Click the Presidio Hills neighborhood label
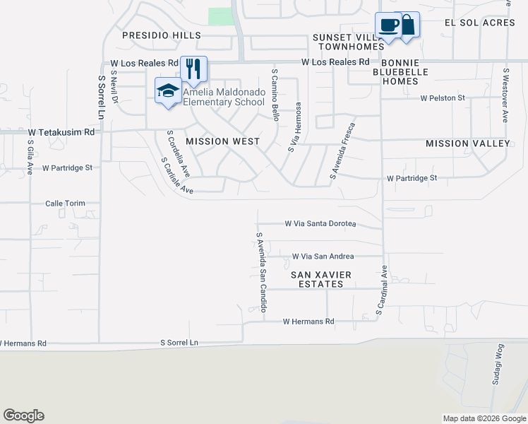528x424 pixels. (x=162, y=35)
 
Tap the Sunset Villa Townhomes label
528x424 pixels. (x=349, y=42)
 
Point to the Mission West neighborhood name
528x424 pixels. (x=222, y=141)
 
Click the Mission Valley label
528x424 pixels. (x=467, y=143)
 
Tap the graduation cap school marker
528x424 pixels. (x=168, y=91)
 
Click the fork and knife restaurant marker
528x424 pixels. (x=193, y=69)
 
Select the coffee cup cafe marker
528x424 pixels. (x=388, y=26)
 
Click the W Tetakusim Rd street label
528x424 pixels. (x=61, y=132)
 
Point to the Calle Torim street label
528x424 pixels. (x=65, y=204)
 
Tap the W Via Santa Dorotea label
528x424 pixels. (x=320, y=223)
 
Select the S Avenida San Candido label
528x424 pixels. (x=262, y=271)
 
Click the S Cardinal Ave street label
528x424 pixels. (x=382, y=290)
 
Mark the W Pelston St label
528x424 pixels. (x=443, y=98)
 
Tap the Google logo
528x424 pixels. (x=23, y=416)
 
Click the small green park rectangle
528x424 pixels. (x=221, y=16)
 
